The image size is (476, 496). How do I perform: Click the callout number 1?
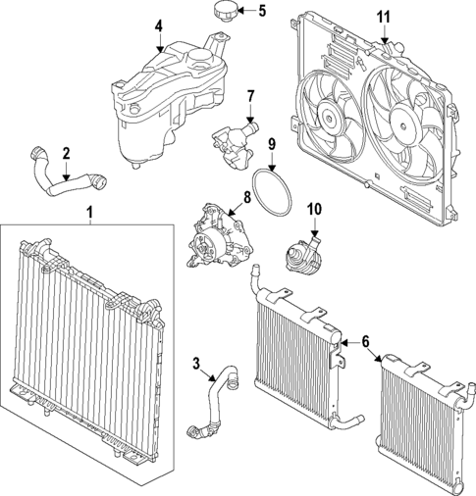click(90, 212)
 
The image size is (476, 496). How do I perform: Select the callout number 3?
click(197, 366)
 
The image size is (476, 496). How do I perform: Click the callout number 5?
click(261, 12)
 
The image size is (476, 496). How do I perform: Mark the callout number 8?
click(247, 197)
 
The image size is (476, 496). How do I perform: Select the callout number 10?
click(315, 208)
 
